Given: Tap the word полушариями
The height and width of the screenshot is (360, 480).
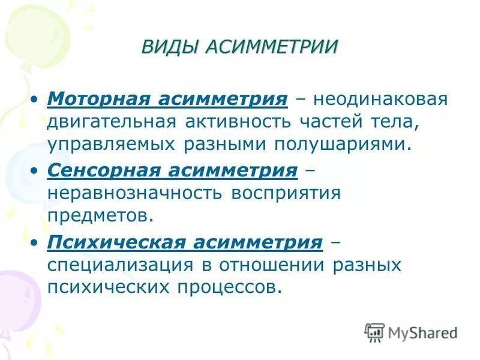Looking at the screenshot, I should click(x=344, y=145).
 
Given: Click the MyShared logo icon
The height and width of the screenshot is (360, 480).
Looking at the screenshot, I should click(x=374, y=331).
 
